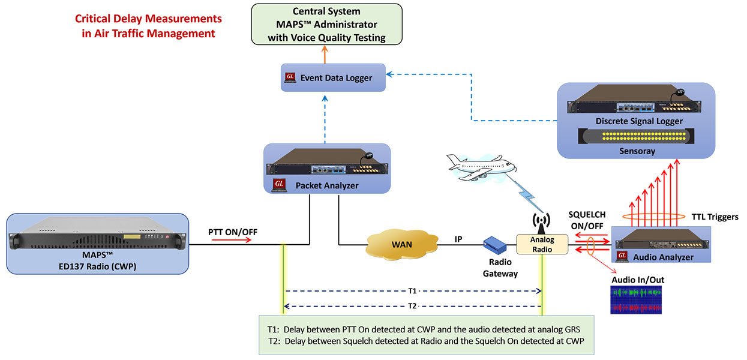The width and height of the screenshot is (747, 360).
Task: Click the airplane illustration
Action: pyautogui.click(x=482, y=167)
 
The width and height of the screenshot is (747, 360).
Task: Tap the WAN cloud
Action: pyautogui.click(x=401, y=244)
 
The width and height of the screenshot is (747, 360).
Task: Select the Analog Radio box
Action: pyautogui.click(x=542, y=244)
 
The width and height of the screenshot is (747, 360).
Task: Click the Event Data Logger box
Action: pyautogui.click(x=333, y=77)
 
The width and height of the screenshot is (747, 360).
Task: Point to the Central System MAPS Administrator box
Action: pyautogui.click(x=327, y=25)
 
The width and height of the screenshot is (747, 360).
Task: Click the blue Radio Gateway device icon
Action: pyautogui.click(x=495, y=245)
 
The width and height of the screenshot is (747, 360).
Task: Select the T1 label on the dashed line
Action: pyautogui.click(x=413, y=291)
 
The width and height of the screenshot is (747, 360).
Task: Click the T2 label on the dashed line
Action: pyautogui.click(x=413, y=306)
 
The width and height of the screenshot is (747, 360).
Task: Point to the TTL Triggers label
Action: pyautogui.click(x=715, y=217)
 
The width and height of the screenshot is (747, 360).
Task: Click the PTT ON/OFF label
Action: pyautogui.click(x=233, y=232)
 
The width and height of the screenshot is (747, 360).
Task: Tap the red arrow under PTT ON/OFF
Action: pyautogui.click(x=232, y=239)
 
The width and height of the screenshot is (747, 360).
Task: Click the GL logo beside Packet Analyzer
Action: pyautogui.click(x=279, y=185)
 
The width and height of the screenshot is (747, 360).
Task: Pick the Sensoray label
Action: pyautogui.click(x=637, y=151)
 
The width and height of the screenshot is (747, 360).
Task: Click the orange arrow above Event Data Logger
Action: pyautogui.click(x=325, y=55)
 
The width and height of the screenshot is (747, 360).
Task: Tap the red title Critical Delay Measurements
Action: pyautogui.click(x=148, y=19)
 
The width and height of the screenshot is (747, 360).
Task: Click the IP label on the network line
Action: pyautogui.click(x=458, y=239)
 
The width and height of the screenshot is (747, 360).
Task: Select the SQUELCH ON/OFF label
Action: pyautogui.click(x=587, y=220)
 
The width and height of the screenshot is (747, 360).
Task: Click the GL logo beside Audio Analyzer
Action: pyautogui.click(x=622, y=256)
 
